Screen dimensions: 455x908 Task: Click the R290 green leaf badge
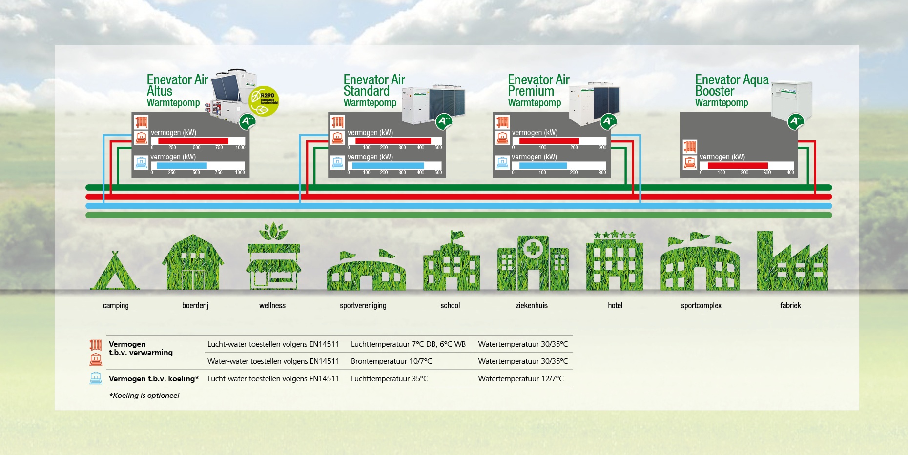pyautogui.click(x=264, y=101)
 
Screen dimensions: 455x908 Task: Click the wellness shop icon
pyautogui.click(x=273, y=258)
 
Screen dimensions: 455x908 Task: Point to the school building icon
pyautogui.click(x=451, y=263)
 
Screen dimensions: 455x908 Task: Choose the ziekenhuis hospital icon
pyautogui.click(x=533, y=263)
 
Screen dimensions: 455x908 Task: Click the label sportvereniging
pyautogui.click(x=363, y=306)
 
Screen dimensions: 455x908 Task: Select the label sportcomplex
pyautogui.click(x=701, y=306)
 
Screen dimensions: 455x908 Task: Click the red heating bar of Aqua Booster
pyautogui.click(x=737, y=166)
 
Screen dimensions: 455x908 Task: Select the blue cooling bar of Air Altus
pyautogui.click(x=182, y=166)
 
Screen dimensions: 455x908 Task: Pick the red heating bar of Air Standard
pyautogui.click(x=393, y=141)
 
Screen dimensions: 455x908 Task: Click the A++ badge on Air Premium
pyautogui.click(x=608, y=121)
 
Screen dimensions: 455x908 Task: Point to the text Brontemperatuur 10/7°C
pyautogui.click(x=391, y=361)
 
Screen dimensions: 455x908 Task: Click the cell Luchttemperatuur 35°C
pyautogui.click(x=389, y=379)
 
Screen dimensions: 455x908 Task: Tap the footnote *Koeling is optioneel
pyautogui.click(x=144, y=396)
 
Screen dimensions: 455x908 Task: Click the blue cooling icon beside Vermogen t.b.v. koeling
pyautogui.click(x=96, y=378)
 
